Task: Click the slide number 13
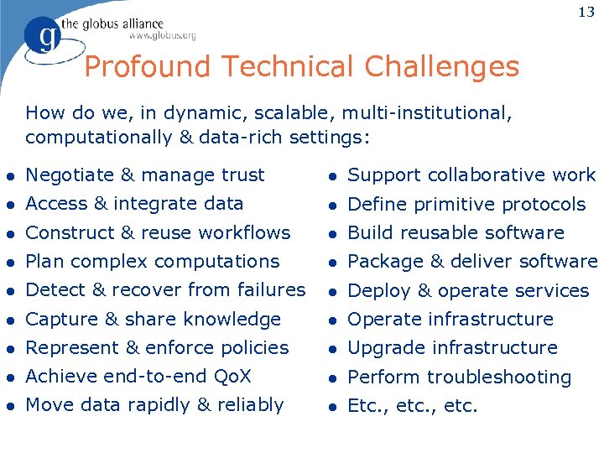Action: point(586,12)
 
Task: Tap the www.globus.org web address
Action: point(162,35)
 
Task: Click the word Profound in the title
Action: point(143,66)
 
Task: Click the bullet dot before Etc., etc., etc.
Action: point(331,408)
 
